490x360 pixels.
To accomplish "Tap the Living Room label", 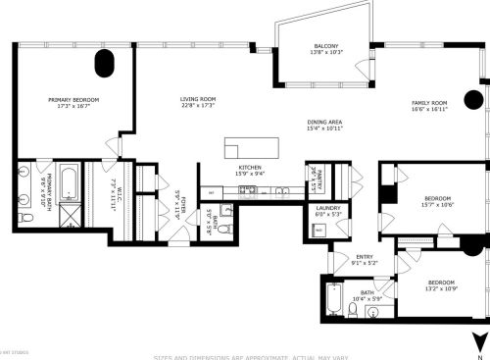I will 197,100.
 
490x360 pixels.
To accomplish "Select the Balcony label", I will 326,47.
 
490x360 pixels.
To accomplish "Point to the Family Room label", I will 429,103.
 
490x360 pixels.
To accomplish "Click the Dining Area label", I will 323,122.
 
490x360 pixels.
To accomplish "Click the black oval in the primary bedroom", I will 104,66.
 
